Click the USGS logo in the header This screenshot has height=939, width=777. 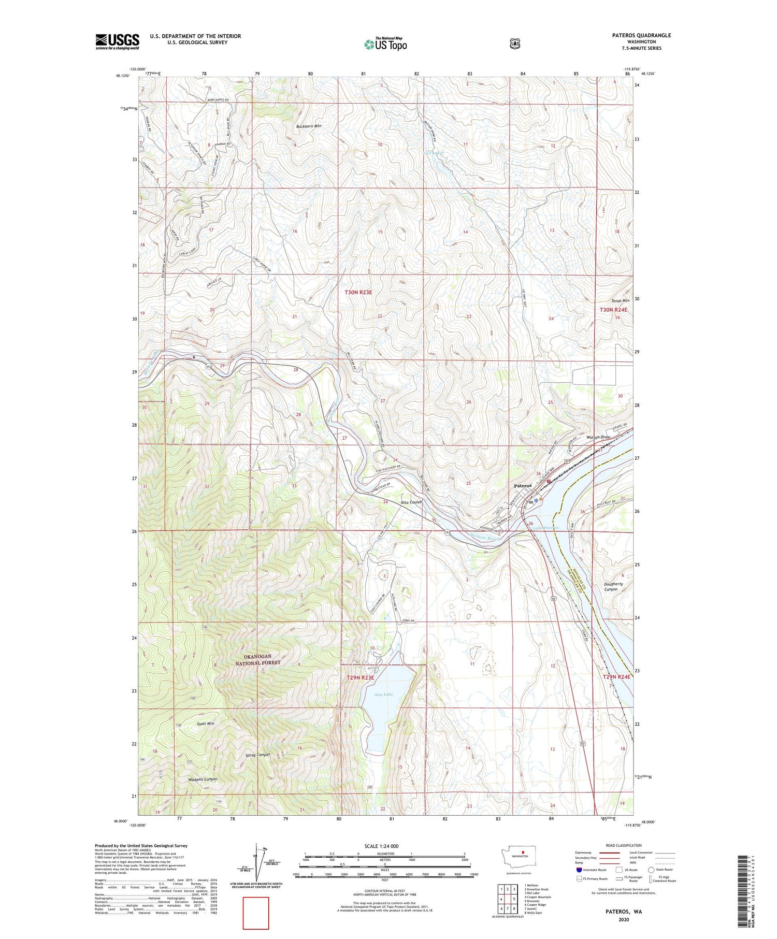(117, 41)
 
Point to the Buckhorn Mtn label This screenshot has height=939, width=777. (309, 126)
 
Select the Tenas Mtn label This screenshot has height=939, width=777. (620, 300)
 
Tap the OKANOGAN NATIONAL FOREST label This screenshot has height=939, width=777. (257, 660)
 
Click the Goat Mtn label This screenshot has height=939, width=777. (205, 724)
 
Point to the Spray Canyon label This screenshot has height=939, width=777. (257, 755)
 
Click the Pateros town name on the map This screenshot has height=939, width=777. (523, 486)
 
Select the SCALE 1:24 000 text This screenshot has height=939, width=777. (381, 846)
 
